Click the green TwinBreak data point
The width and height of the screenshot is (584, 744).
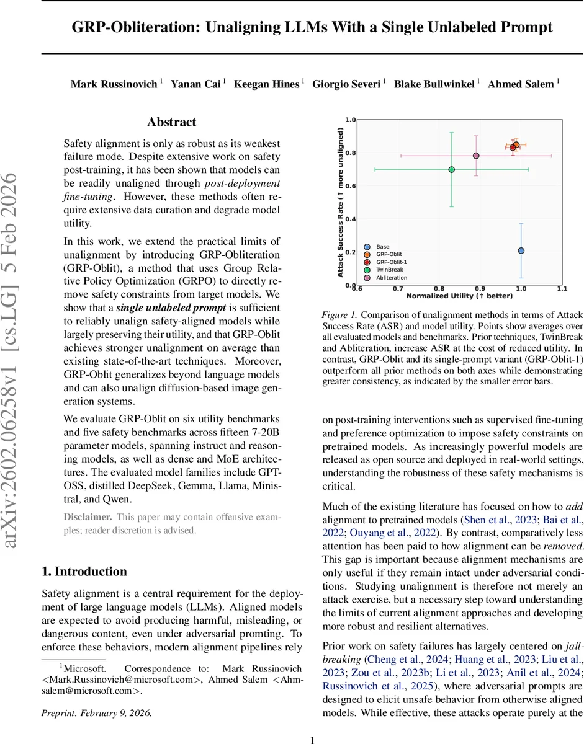coord(452,169)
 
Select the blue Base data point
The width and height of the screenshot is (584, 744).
coord(521,250)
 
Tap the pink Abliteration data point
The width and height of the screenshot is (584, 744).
coord(476,156)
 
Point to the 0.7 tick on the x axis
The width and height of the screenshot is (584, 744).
coord(398,289)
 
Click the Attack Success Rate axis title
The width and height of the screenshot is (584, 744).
coord(340,202)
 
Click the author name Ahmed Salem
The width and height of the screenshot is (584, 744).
coord(520,84)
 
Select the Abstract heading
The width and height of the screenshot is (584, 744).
coord(171,122)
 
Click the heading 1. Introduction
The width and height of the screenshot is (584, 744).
coord(84,571)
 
